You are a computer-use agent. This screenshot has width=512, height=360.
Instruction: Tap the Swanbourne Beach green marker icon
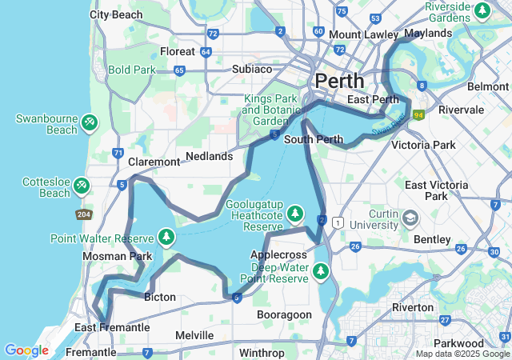(x=90, y=122)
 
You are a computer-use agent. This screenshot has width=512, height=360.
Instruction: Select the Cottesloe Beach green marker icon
(x=81, y=186)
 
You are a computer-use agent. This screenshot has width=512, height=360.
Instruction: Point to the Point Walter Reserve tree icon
(x=166, y=237)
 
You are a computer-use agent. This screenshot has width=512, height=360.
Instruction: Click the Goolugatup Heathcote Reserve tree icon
(x=295, y=213)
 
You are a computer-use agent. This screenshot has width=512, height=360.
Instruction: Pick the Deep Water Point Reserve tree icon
(x=321, y=271)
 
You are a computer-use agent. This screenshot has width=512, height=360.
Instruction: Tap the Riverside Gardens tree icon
(x=482, y=11)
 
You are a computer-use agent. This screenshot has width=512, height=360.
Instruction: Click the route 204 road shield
(x=83, y=214)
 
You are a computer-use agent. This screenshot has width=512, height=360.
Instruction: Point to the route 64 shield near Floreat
(x=206, y=52)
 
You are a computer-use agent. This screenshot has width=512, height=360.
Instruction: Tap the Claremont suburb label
(x=154, y=162)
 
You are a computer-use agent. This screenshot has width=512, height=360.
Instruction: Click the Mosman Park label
(x=117, y=257)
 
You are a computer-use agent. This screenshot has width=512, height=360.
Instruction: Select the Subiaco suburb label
(x=252, y=69)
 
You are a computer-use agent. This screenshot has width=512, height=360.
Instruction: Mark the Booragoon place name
(x=284, y=315)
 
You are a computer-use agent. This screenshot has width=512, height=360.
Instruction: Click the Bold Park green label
(x=132, y=70)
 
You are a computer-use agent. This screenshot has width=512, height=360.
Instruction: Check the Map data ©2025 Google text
(x=462, y=354)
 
